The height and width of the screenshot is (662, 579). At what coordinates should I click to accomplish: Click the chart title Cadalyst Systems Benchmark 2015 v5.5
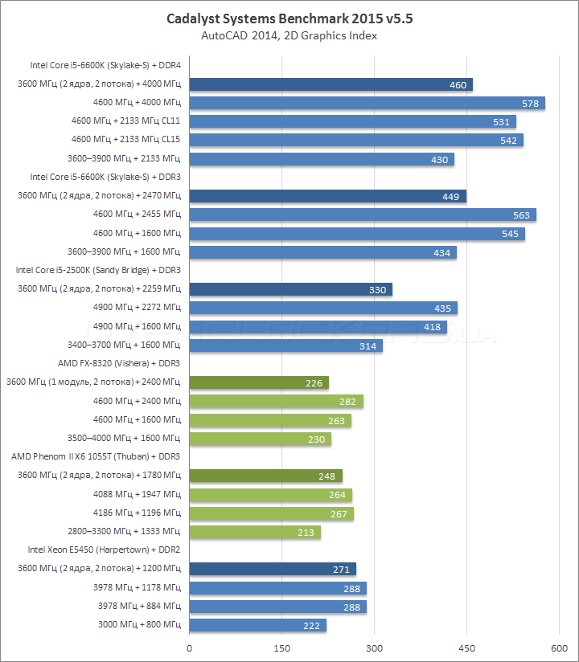tap(289, 17)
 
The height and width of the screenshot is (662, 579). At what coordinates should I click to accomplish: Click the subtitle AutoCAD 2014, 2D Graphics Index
tap(289, 35)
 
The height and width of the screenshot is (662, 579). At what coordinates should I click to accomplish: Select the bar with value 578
tap(367, 103)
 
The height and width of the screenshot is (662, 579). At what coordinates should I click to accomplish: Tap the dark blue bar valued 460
tap(330, 84)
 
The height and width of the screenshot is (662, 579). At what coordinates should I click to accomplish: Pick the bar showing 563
tap(362, 215)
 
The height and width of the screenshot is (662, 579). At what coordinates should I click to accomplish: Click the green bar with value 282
tap(276, 401)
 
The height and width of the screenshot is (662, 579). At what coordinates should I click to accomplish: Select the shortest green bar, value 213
tap(254, 532)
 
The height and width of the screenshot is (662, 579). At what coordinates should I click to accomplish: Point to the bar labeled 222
tap(257, 625)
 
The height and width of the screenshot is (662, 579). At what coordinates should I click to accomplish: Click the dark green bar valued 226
tap(258, 382)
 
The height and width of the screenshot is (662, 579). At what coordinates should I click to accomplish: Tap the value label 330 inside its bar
tap(378, 290)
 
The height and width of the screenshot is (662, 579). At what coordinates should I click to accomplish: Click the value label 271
tap(342, 570)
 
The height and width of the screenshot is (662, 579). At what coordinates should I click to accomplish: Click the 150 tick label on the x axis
tap(281, 648)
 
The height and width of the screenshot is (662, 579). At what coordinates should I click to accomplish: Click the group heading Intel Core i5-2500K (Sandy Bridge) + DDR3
tap(98, 271)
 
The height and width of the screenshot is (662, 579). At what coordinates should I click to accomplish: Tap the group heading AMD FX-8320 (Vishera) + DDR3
tap(119, 363)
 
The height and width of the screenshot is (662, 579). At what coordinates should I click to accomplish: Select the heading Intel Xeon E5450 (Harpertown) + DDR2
tap(105, 550)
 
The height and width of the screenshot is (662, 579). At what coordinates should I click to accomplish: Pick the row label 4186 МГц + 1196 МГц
tap(139, 513)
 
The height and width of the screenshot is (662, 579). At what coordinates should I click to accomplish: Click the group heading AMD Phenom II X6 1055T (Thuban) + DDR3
tap(96, 456)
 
